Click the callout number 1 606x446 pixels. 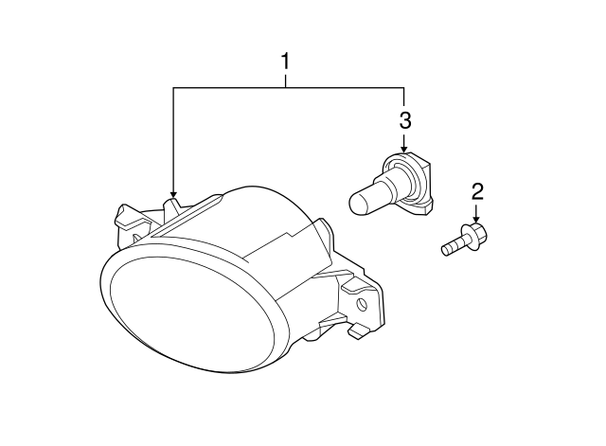(285, 62)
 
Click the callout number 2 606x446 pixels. (477, 192)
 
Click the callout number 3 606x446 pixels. (404, 120)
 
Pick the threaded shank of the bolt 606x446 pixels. (452, 247)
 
